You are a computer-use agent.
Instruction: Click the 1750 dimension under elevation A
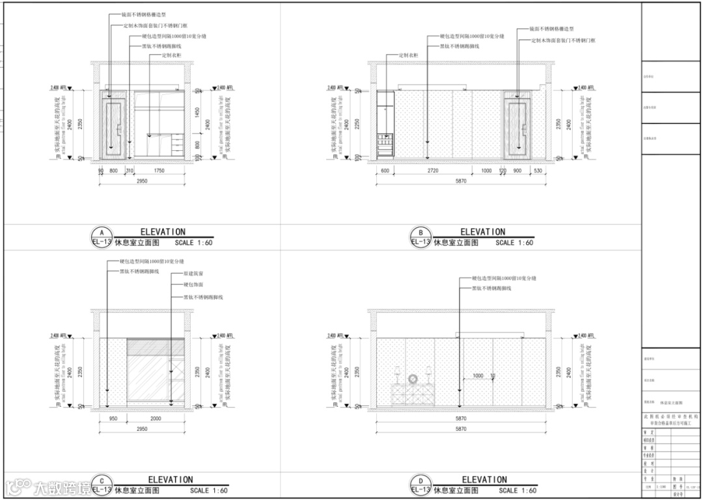pos(159,171)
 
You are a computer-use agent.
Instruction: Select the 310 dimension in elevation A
pos(130,171)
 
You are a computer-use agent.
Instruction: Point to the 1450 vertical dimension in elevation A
pos(197,112)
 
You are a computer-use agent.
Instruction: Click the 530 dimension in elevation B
pos(537,171)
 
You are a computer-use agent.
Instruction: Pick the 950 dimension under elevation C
pos(113,419)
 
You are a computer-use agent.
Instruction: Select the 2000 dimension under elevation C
pos(156,419)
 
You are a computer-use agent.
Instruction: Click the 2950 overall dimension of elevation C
pos(143,429)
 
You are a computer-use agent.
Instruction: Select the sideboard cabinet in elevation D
pos(413,395)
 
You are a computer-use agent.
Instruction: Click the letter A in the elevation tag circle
pos(101,232)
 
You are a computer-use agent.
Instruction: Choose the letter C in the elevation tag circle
pos(101,481)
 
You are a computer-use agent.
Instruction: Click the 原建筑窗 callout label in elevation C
pos(194,274)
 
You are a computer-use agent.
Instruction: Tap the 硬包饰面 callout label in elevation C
pos(194,285)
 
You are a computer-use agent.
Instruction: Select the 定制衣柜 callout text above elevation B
pos(408,55)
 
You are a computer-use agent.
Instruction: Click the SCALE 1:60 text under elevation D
pos(517,491)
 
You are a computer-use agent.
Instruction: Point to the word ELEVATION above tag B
pos(482,232)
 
